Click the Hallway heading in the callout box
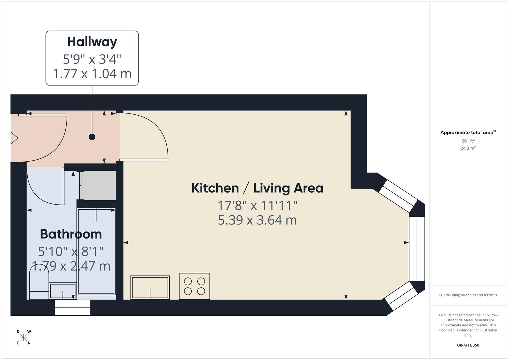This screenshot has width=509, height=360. pyautogui.click(x=92, y=42)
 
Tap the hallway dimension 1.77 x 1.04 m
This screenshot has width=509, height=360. pyautogui.click(x=92, y=74)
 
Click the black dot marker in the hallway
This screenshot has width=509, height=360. pyautogui.click(x=92, y=137)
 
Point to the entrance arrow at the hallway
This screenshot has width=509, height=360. pyautogui.click(x=12, y=138)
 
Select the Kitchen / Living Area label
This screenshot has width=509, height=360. pyautogui.click(x=257, y=188)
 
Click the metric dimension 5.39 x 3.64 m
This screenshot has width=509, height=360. pyautogui.click(x=257, y=220)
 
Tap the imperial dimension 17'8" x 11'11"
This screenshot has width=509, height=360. pyautogui.click(x=257, y=205)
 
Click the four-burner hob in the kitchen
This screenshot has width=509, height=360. pyautogui.click(x=194, y=286)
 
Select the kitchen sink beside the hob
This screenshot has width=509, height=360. pyautogui.click(x=150, y=287)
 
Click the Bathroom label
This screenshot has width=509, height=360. pyautogui.click(x=71, y=234)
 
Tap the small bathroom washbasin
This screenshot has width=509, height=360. pyautogui.click(x=63, y=291)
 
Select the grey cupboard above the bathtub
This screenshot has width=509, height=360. pyautogui.click(x=98, y=185)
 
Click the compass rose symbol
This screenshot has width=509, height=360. pyautogui.click(x=23, y=337)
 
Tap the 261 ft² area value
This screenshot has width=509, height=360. pyautogui.click(x=468, y=141)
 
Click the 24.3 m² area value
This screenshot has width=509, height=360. pyautogui.click(x=468, y=148)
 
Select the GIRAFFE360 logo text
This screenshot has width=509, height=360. pyautogui.click(x=468, y=345)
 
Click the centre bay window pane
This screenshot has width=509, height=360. pyautogui.click(x=417, y=249)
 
